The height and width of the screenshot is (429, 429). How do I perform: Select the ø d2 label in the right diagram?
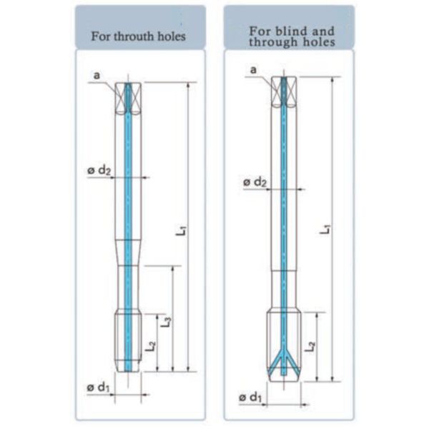tap(255, 183)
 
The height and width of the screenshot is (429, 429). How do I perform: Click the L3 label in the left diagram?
tap(166, 322)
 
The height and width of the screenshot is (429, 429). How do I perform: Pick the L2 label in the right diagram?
tap(312, 348)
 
